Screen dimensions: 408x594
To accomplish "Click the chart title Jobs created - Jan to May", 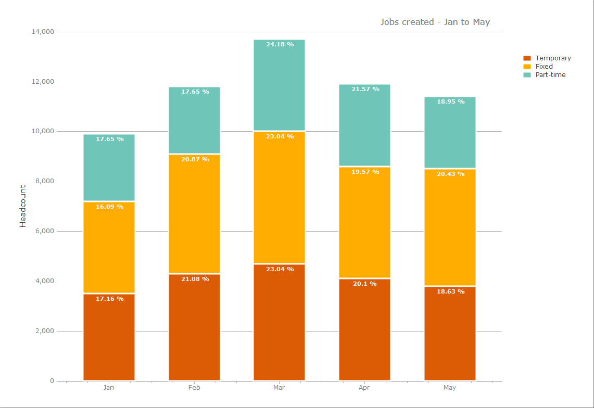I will point(435,22).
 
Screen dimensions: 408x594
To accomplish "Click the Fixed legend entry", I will point(544,67).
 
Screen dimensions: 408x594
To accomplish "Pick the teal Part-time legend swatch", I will point(527,75).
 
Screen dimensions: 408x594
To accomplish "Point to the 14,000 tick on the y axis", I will point(43,32).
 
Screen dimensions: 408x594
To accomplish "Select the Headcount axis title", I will point(23,206).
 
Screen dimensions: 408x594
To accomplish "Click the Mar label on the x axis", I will point(279,388).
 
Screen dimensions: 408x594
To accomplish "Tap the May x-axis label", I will point(449,388).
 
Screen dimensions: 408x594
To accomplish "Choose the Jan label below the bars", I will point(109,388).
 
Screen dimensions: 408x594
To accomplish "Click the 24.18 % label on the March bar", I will point(280,45).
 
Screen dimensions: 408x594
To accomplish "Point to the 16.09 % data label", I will point(109,207).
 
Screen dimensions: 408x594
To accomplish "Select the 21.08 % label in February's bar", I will point(195,279).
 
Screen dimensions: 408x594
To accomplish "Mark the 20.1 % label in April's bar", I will point(364,284).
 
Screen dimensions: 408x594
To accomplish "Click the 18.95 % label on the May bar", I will point(450,101).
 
